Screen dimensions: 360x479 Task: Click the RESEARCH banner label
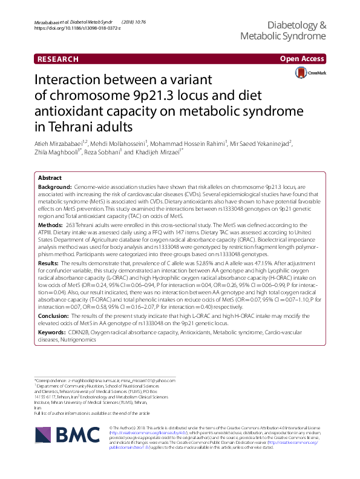pos(58,59)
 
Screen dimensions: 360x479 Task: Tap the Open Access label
pos(303,59)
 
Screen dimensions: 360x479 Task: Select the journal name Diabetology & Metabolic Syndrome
pos(283,31)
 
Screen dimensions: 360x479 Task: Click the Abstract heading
pos(50,178)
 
